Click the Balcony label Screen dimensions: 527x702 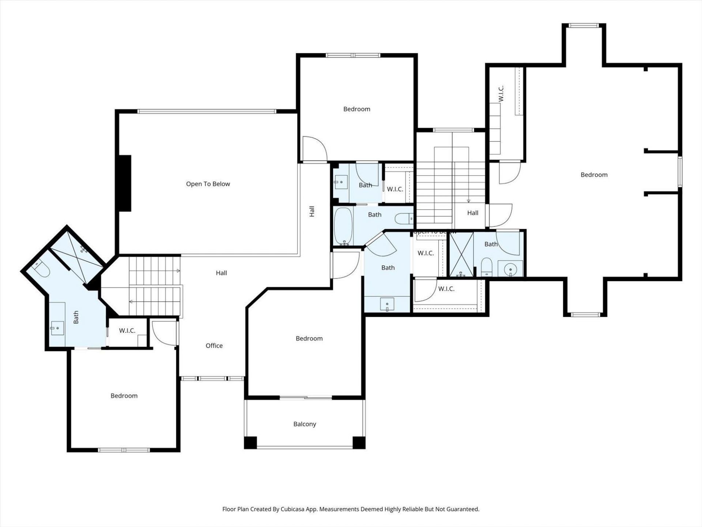click(305, 424)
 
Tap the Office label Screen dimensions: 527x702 click(214, 345)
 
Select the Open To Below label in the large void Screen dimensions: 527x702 click(208, 184)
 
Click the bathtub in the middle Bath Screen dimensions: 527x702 click(343, 226)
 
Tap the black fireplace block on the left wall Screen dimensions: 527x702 click(124, 183)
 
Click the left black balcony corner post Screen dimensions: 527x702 click(250, 442)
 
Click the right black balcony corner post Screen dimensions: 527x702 click(359, 442)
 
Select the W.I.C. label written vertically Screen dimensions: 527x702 click(501, 93)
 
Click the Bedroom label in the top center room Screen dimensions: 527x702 click(356, 109)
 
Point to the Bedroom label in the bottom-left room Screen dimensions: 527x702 click(124, 396)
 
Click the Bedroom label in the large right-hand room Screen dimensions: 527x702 click(594, 175)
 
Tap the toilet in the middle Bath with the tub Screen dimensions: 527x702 click(404, 218)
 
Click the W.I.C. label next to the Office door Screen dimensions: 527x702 click(127, 330)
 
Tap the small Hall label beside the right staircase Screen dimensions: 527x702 click(472, 213)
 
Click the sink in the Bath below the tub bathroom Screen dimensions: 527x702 click(387, 304)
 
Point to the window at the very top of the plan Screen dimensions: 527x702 click(584, 26)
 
